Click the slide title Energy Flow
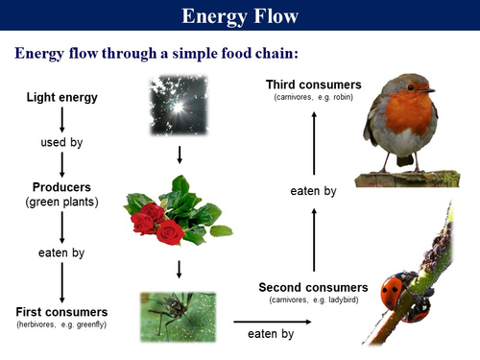click(239, 16)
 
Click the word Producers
click(61, 186)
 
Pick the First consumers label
click(61, 312)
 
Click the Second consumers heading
click(313, 287)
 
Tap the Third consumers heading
click(314, 85)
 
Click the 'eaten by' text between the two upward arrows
click(313, 191)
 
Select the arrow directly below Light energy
click(61, 119)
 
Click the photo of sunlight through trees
click(180, 106)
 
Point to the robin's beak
click(430, 91)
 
